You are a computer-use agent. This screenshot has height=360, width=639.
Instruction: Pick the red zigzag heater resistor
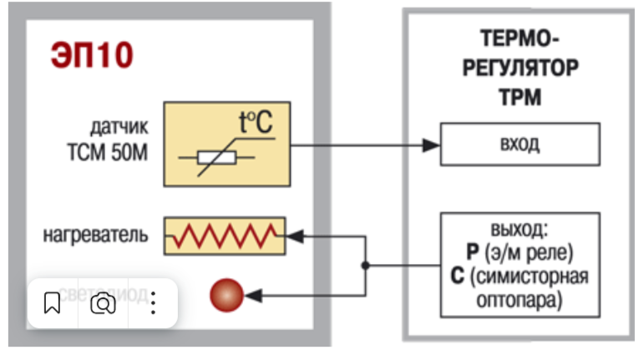click(x=224, y=236)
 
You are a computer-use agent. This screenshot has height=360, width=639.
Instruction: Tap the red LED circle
click(x=226, y=295)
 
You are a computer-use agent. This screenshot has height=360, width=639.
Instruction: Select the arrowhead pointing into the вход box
click(x=430, y=145)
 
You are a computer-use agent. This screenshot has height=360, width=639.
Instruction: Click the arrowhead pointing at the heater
click(x=295, y=237)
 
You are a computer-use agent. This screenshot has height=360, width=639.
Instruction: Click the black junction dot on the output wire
click(x=365, y=266)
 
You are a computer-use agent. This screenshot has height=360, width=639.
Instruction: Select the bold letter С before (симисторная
click(x=458, y=276)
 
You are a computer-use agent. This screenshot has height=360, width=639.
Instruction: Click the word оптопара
click(x=520, y=298)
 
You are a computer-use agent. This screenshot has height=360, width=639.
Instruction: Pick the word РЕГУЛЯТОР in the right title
click(x=520, y=68)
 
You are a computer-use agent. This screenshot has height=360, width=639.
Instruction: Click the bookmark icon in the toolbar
click(x=53, y=303)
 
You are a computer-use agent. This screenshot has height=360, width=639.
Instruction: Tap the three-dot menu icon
click(x=153, y=303)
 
